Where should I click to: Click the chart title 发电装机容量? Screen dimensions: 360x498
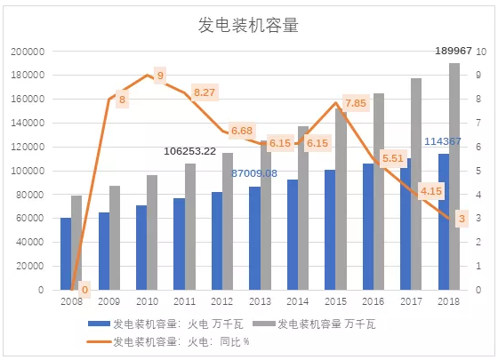[x=248, y=26]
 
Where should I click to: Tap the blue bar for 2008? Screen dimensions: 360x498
[x=66, y=253]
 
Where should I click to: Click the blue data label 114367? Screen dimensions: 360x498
[x=442, y=141]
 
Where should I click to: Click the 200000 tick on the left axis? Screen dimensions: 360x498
[x=27, y=52]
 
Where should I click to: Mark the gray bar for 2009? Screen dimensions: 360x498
[x=115, y=237]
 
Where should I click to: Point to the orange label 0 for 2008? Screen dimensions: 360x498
[x=84, y=289]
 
